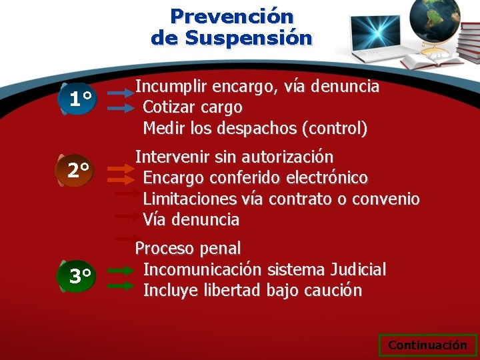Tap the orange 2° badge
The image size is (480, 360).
79,171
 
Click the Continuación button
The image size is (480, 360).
427,345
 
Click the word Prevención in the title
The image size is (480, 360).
231,15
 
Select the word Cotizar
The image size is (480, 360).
168,107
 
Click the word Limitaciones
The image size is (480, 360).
190,199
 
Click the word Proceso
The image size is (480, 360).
164,249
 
